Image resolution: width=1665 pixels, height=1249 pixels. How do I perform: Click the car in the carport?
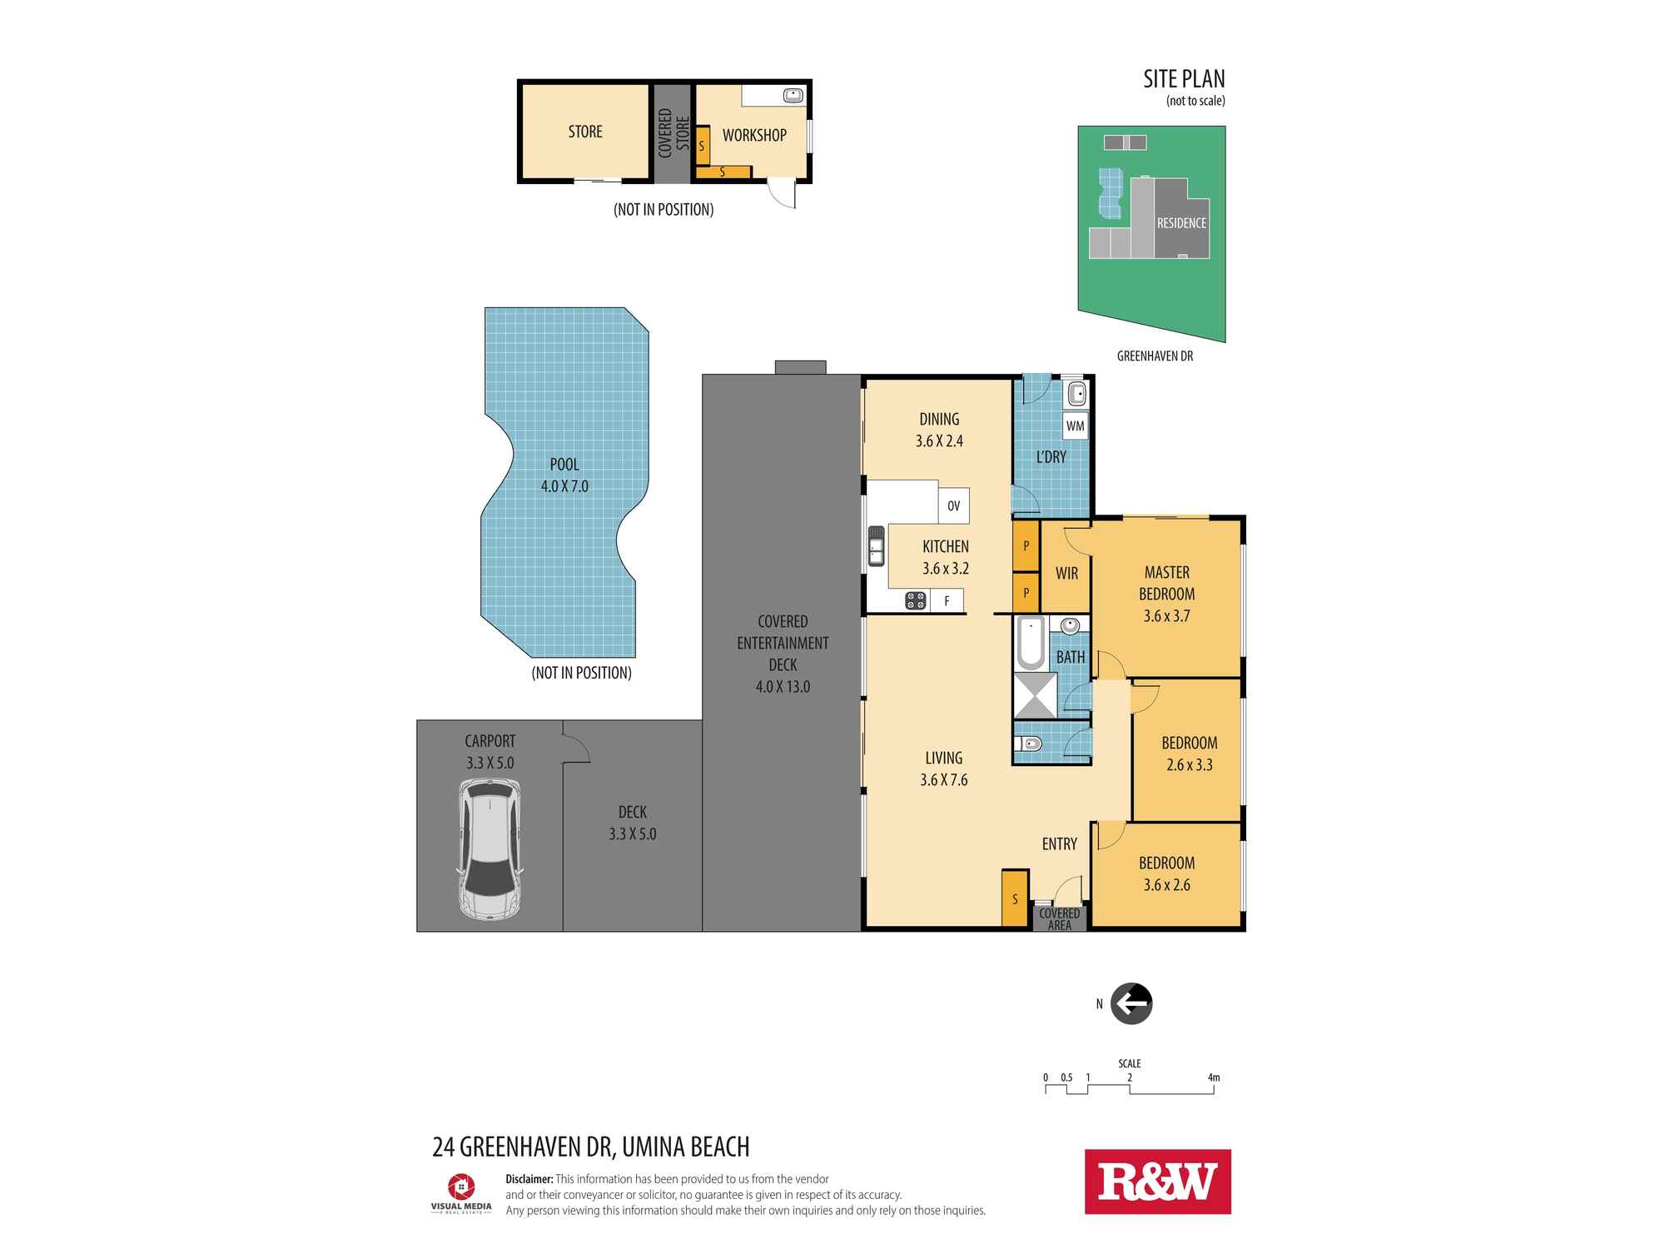point(490,849)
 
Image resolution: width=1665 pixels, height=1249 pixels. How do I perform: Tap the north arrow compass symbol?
point(1131,1003)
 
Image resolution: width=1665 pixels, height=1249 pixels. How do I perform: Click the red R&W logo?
point(1157,1182)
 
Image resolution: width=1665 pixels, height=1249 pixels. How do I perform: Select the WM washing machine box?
point(1075,426)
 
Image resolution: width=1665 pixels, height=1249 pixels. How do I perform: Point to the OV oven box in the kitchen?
point(954,505)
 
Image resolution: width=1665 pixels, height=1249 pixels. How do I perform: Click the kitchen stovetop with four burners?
point(916,600)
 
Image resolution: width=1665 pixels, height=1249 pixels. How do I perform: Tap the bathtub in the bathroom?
point(1031,644)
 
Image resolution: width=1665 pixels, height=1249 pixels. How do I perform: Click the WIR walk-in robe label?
point(1066,573)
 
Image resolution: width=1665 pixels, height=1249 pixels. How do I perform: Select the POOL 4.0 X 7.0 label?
point(564,475)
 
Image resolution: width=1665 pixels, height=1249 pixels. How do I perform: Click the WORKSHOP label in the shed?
point(754,135)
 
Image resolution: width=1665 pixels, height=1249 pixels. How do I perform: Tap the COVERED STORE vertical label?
point(673,132)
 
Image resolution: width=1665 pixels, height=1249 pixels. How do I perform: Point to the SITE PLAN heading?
point(1184,79)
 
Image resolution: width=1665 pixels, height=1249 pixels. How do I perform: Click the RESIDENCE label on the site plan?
point(1181,223)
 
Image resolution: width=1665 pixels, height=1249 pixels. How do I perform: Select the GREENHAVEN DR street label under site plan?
point(1155,356)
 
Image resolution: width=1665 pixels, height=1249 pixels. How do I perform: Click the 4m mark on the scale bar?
point(1214,1077)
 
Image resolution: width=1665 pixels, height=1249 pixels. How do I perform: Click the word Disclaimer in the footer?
point(529,1179)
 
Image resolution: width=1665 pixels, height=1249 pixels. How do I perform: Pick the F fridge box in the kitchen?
point(947,600)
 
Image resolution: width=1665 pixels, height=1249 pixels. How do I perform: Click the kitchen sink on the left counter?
point(877,545)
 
